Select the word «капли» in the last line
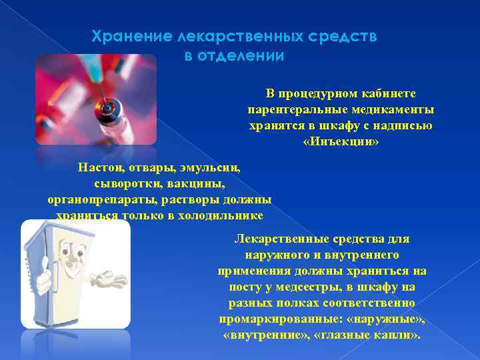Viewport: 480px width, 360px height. pos(395,335)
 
